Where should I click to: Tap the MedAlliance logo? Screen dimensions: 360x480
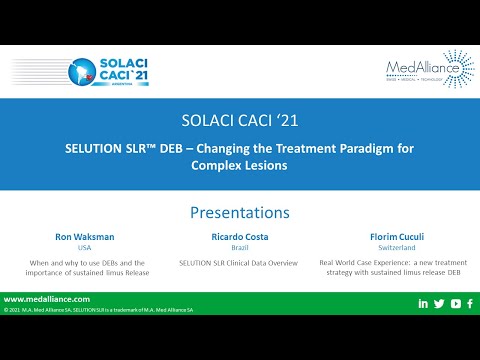click(x=430, y=68)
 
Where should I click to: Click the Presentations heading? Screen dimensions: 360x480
click(x=239, y=212)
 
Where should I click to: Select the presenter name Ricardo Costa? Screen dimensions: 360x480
click(x=240, y=237)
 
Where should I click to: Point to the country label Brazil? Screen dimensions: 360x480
click(x=240, y=248)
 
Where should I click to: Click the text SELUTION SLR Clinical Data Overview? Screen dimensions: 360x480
click(x=240, y=262)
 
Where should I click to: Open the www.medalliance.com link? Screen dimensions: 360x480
click(x=47, y=299)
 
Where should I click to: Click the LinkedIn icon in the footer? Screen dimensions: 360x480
click(x=424, y=303)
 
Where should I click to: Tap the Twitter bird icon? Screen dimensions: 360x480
click(x=440, y=303)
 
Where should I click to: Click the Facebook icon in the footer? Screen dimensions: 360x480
click(x=470, y=303)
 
